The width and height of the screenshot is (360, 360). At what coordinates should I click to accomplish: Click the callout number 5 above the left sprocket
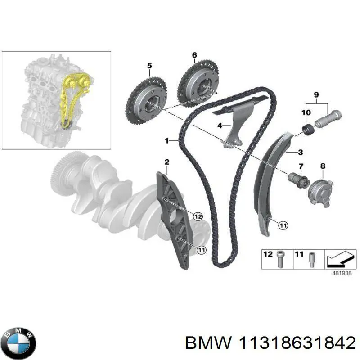(x=149, y=66)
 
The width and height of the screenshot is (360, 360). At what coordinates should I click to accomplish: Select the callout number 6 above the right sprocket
(x=194, y=55)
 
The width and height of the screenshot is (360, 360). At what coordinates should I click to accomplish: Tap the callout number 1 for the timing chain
(x=167, y=141)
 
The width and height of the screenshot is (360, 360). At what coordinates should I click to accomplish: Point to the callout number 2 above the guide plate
(x=166, y=162)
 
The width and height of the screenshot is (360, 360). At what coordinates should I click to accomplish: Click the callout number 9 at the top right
(x=316, y=94)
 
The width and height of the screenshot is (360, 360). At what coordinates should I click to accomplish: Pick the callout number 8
(x=322, y=166)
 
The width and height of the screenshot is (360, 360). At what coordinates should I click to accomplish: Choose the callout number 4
(x=220, y=126)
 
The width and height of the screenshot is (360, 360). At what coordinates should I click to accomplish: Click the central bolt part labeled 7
(x=298, y=180)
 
